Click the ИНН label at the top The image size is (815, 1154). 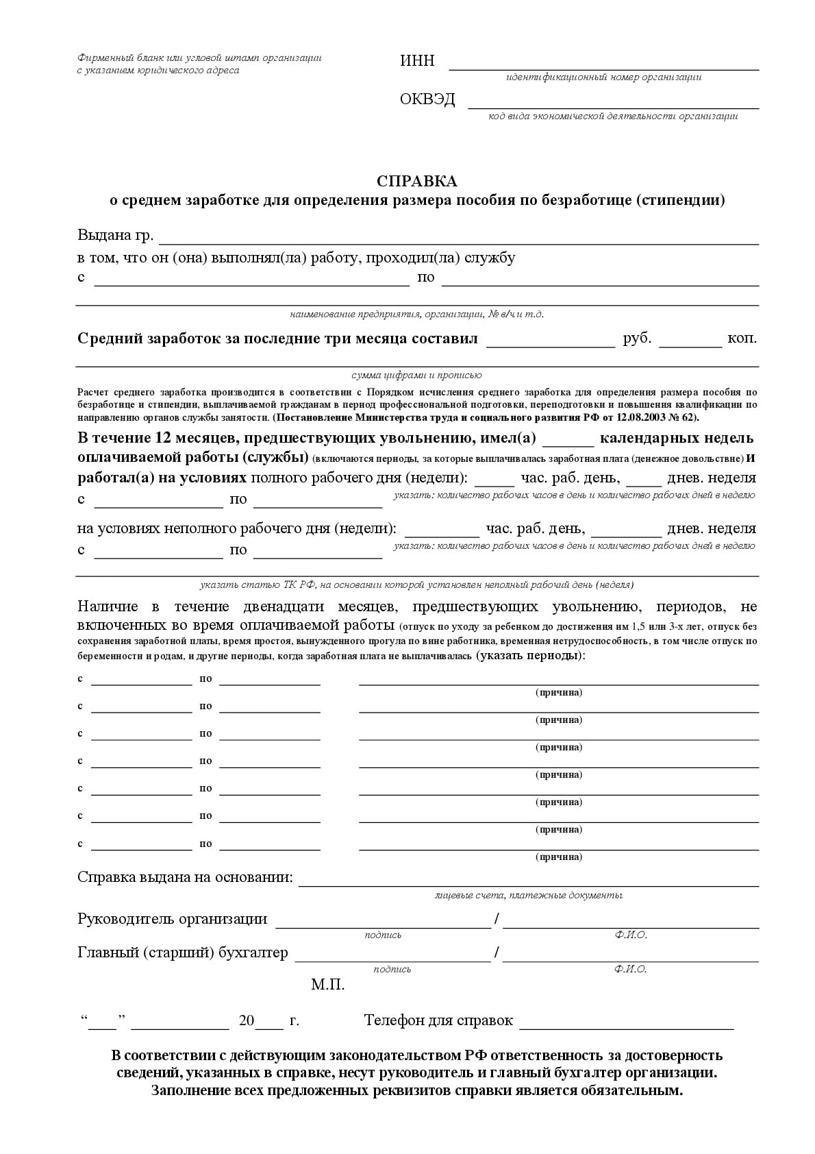417,61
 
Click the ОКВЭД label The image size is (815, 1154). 427,100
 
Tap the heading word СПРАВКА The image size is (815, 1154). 416,182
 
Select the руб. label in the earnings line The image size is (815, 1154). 637,339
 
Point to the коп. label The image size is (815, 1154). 742,339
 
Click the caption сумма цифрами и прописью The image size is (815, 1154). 416,376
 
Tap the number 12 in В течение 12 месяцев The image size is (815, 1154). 164,439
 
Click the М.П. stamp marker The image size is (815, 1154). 327,985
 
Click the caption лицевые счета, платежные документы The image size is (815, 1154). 528,896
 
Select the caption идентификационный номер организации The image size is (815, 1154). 603,77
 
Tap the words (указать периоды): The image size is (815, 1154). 531,656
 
